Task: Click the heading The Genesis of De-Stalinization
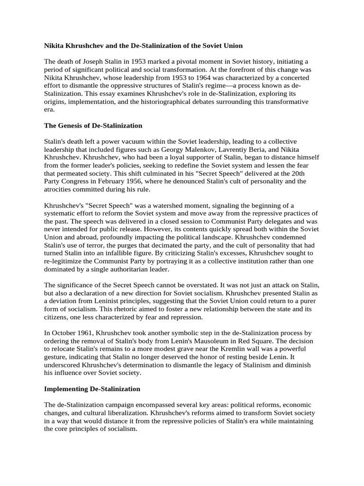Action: pyautogui.click(x=93, y=126)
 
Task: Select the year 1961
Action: pyautogui.click(x=90, y=335)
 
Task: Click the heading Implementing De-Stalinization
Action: pyautogui.click(x=92, y=389)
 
